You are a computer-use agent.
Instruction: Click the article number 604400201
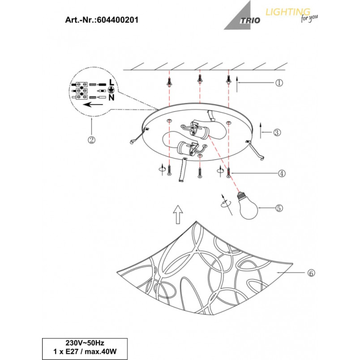pos(118,20)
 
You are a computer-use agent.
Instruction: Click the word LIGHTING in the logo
pos(288,12)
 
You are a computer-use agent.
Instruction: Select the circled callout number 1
pos(279,83)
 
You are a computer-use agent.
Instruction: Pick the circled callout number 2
pos(92,140)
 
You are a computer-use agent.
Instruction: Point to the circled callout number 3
pos(277,132)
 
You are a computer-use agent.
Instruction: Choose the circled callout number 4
pos(282,173)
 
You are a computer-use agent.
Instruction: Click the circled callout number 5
pos(279,208)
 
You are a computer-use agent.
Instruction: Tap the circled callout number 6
pos(311,273)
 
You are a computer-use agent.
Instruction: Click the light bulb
pos(248,206)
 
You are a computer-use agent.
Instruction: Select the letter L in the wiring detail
pos(111,82)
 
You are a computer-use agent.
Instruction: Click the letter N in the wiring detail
pos(111,98)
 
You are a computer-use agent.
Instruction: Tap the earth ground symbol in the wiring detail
pos(111,90)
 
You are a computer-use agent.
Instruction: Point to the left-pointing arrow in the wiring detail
pos(93,105)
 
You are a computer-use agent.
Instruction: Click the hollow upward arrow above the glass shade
pos(178,214)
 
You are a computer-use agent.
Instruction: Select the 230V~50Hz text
pos(85,343)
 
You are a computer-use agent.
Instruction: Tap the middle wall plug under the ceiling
pos(200,79)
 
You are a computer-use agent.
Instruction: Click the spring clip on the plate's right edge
pos(255,150)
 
